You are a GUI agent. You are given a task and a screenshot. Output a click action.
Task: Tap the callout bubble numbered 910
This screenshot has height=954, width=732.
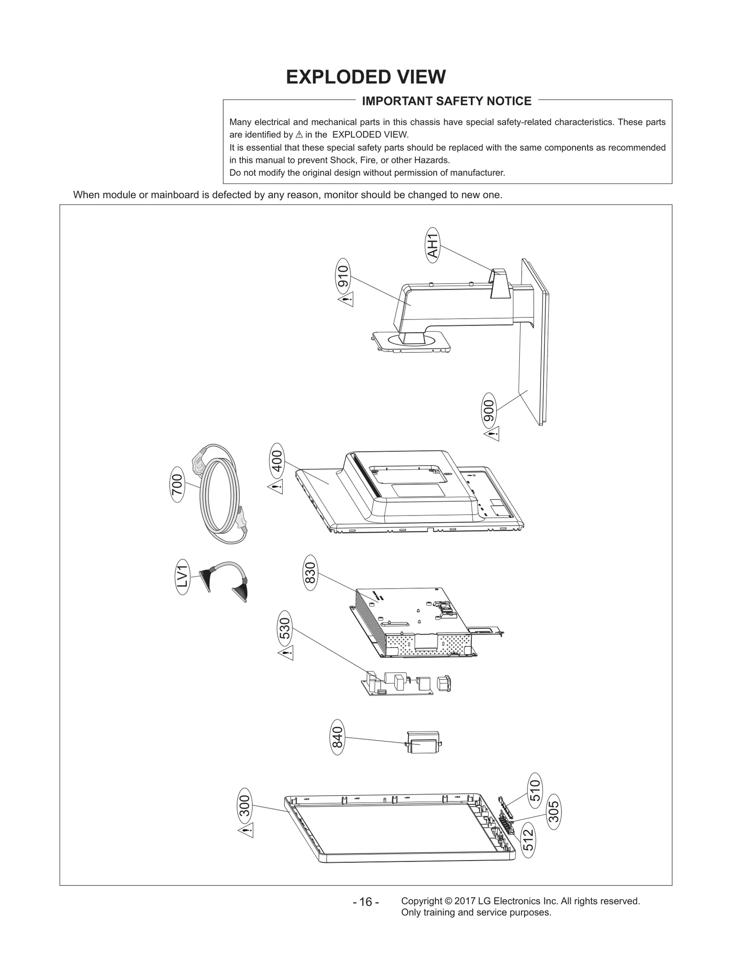click(x=343, y=276)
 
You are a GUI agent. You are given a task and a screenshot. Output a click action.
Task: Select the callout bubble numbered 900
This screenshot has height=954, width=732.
click(x=489, y=411)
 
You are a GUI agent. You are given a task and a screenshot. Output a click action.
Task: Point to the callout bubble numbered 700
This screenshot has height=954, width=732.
click(x=177, y=484)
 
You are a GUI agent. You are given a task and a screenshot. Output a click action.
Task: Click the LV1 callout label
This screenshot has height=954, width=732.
click(x=183, y=577)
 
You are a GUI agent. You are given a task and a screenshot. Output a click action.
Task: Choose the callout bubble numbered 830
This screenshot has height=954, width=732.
click(x=310, y=573)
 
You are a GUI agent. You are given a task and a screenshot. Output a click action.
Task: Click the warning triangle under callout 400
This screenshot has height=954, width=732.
click(x=275, y=487)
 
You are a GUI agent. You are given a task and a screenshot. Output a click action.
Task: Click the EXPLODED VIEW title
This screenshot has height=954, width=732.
click(x=366, y=77)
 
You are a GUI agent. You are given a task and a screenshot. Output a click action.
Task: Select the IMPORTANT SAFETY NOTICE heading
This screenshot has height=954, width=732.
click(x=447, y=101)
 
